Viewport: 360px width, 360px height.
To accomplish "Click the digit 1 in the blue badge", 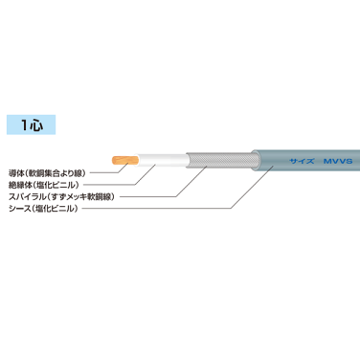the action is click(x=21, y=124).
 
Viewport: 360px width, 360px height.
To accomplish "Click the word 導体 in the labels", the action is click(x=17, y=161).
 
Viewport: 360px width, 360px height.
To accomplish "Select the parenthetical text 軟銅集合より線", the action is click(x=56, y=161).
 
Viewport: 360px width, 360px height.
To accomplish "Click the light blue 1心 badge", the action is click(x=29, y=124).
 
